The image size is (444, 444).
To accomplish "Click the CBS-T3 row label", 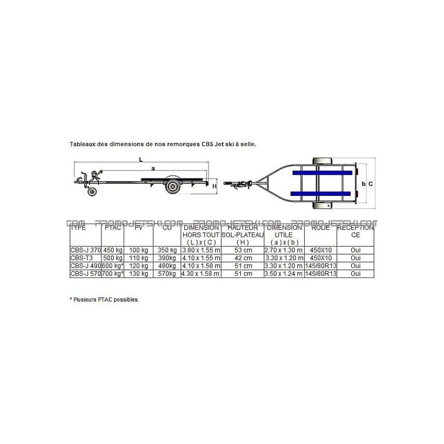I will pyautogui.click(x=78, y=258).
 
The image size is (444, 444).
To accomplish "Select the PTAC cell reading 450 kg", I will pyautogui.click(x=112, y=250).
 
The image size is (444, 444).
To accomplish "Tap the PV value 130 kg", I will pyautogui.click(x=139, y=274).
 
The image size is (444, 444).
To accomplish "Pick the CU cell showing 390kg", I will pyautogui.click(x=167, y=258).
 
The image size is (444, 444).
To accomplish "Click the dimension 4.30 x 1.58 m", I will pyautogui.click(x=201, y=274).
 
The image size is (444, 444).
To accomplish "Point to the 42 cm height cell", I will pyautogui.click(x=242, y=258).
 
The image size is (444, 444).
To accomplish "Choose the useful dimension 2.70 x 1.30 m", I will pyautogui.click(x=284, y=250).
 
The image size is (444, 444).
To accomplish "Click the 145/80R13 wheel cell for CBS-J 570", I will pyautogui.click(x=321, y=274).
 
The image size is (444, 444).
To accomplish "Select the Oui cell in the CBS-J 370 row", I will pyautogui.click(x=356, y=250).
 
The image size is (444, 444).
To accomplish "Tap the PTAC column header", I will pyautogui.click(x=112, y=228).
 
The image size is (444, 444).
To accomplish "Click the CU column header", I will pyautogui.click(x=167, y=228).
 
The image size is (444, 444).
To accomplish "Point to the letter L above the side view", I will pyautogui.click(x=140, y=159).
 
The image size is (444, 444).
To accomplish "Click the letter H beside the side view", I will pyautogui.click(x=214, y=186).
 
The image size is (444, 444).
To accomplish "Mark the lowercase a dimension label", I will pyautogui.click(x=153, y=168).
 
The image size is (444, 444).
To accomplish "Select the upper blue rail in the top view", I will pyautogui.click(x=321, y=172).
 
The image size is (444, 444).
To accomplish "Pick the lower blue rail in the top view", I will pyautogui.click(x=321, y=193).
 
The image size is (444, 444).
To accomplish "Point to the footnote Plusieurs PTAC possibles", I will pyautogui.click(x=104, y=300).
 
